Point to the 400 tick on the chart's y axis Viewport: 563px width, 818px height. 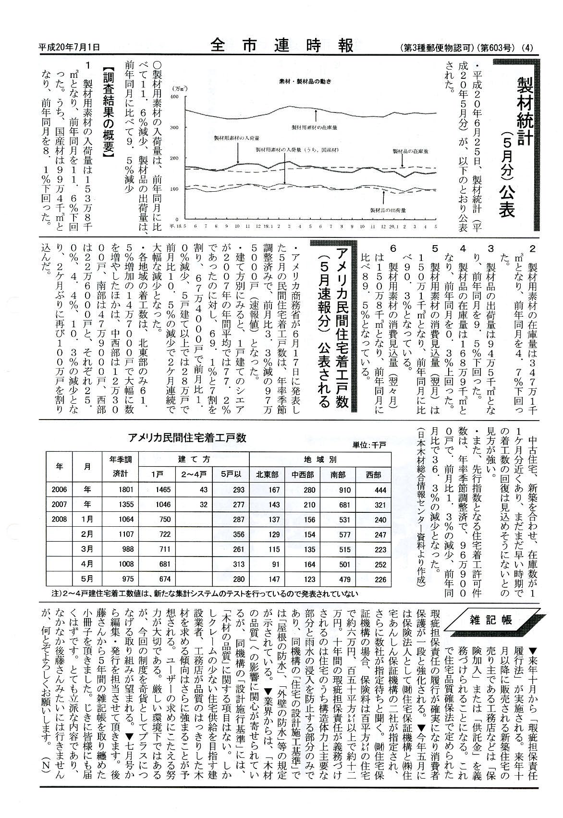[174, 97]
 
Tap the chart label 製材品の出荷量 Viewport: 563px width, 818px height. [388, 210]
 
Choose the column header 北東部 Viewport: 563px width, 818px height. [267, 475]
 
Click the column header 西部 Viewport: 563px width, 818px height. [373, 475]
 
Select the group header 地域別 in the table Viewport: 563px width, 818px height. [320, 459]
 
